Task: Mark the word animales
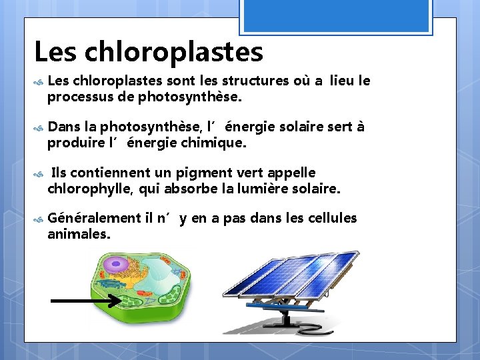point(79,234)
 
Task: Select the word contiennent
point(102,173)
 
